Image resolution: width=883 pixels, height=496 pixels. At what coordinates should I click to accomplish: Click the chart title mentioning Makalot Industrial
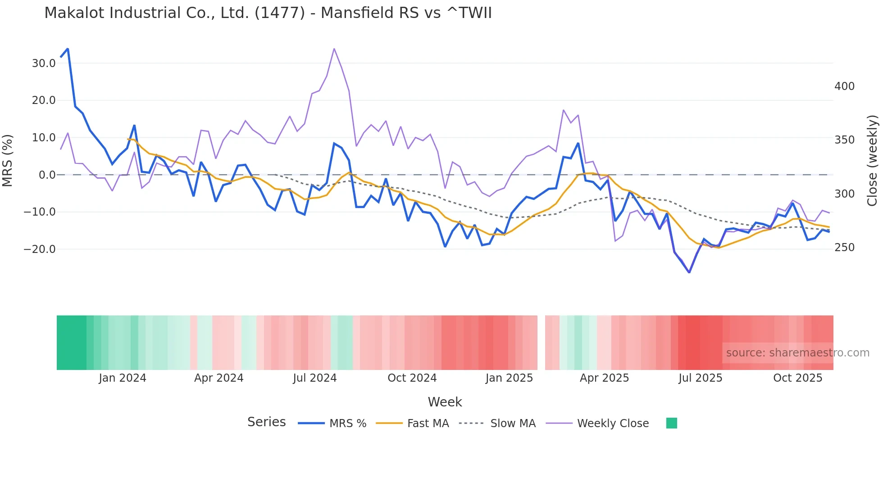click(268, 13)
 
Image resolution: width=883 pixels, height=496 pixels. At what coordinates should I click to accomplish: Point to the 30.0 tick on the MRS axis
click(44, 63)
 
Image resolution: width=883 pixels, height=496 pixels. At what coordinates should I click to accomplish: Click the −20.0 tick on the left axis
click(40, 249)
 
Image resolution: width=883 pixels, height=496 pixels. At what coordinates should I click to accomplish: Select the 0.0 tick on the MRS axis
click(47, 175)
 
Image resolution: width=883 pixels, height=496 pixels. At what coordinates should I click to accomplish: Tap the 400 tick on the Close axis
click(844, 86)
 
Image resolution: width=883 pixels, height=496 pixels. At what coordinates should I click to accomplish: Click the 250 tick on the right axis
click(844, 248)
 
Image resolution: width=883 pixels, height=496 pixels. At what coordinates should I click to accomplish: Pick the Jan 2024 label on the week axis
click(123, 378)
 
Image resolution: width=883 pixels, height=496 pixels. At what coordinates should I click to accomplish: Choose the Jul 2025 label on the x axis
click(700, 378)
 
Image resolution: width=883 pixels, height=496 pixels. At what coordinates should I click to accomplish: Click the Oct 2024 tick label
click(412, 378)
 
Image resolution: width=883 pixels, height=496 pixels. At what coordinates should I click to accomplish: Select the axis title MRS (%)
click(8, 160)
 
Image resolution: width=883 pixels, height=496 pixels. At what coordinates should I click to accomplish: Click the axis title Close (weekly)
click(872, 161)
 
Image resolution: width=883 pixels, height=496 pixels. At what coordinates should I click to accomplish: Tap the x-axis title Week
click(445, 402)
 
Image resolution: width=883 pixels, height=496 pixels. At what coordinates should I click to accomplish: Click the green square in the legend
click(671, 423)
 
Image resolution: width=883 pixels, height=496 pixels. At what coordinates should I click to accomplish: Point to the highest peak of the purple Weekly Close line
click(334, 49)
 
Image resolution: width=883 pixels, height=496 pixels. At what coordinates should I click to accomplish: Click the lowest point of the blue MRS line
click(689, 272)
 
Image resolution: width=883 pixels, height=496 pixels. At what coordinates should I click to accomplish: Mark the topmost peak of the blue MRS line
click(68, 49)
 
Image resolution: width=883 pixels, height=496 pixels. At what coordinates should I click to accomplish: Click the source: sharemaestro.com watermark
click(797, 353)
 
